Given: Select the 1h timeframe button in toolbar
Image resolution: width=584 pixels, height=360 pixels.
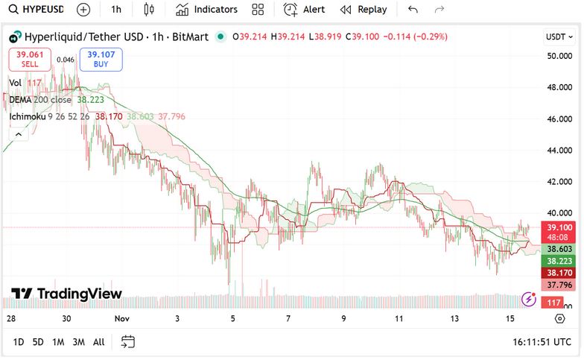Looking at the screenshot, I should pos(115,10).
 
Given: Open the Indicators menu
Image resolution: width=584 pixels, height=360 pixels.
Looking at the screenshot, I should pos(207,10).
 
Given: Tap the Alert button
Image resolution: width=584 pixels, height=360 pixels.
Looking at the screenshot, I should pos(305,10).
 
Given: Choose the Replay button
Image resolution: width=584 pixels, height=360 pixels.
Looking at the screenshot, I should pos(364,10).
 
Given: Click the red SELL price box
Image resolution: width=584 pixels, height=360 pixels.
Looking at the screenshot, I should pos(30,59).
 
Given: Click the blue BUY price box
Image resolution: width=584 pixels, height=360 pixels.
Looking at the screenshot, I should pos(101,59).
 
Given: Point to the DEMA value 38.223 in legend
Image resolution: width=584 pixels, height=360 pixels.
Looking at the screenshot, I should pos(91,99).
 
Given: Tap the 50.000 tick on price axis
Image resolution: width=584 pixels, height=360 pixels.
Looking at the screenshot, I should pos(559,56).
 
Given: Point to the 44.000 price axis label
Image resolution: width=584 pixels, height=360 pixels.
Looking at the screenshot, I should pos(559,151).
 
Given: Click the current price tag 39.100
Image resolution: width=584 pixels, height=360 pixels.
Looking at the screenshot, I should pos(559,227).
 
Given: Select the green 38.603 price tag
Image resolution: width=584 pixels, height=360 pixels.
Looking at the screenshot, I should pos(559,249).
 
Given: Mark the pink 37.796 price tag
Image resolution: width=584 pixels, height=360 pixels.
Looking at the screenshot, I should pos(559,285).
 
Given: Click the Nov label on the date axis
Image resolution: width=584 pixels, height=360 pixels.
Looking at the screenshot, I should pos(122,318).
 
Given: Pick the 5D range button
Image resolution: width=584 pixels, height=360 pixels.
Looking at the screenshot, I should pos(38,342).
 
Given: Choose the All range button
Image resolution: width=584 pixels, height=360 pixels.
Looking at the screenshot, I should pos(98,342).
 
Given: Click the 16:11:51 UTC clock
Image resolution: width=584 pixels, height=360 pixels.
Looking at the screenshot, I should pos(542,342).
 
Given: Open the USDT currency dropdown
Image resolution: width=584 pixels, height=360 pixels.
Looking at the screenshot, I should pos(559,37).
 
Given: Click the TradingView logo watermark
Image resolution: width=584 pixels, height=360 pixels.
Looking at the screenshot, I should pos(66,294).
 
